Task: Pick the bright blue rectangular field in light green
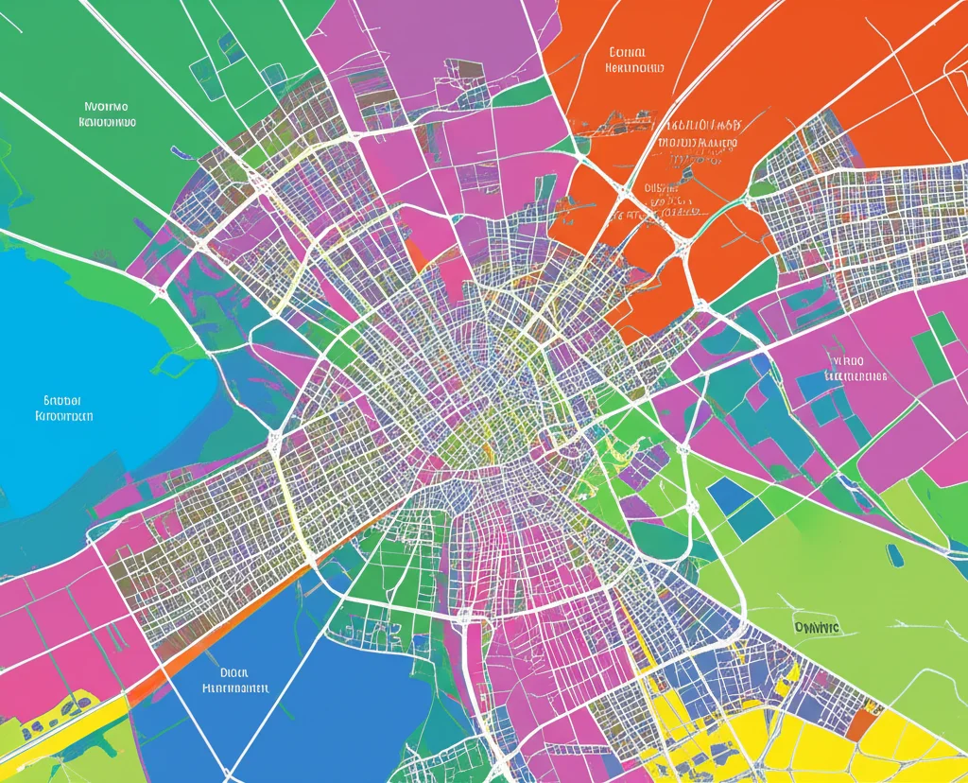point(726,494)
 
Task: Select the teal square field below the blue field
point(752,519)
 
